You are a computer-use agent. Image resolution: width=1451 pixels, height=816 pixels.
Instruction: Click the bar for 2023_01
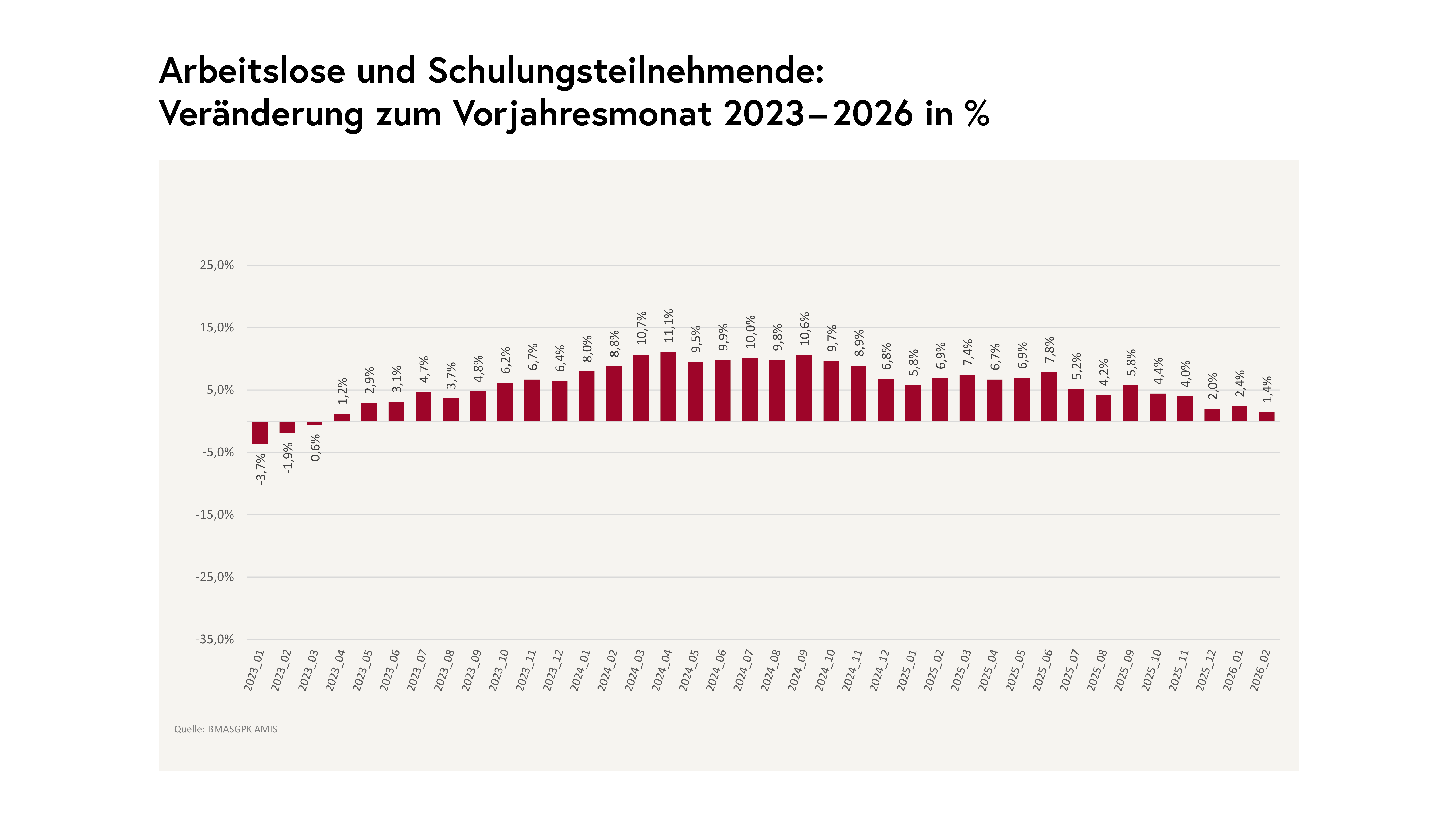260,432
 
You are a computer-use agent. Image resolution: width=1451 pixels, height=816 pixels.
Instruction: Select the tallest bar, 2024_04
668,386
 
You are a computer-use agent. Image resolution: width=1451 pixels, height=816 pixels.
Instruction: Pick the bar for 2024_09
804,388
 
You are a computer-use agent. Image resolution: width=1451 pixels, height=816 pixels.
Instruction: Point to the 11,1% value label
669,325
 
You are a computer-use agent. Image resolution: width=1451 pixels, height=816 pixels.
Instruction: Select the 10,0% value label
750,332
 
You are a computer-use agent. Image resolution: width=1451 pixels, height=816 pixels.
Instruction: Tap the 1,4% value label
1267,390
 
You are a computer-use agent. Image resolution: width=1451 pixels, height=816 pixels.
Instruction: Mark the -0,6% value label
315,449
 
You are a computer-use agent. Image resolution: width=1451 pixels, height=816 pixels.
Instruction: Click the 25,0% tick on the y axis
217,265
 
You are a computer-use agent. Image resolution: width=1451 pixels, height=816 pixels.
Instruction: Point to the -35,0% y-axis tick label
215,639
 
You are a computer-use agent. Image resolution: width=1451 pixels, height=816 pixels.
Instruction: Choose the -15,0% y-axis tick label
215,515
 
